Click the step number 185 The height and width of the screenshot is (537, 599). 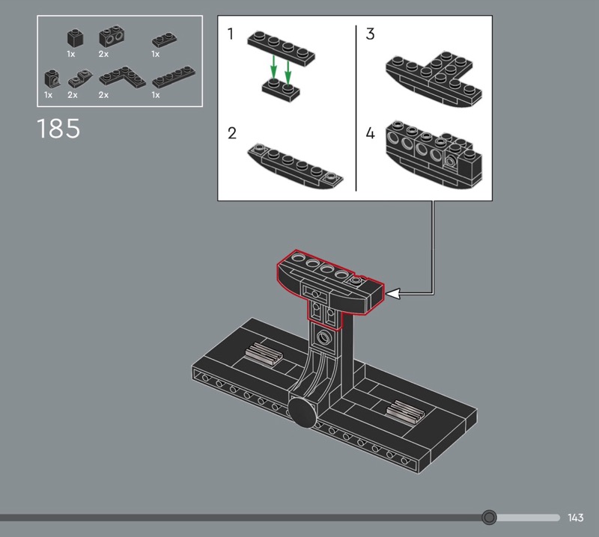(x=58, y=128)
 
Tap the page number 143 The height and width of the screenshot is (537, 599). (x=575, y=518)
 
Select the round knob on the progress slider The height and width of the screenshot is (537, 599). (x=489, y=518)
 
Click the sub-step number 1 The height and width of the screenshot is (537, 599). (x=230, y=34)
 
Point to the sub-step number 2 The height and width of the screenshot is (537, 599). (x=232, y=133)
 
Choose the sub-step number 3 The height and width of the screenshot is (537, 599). (x=370, y=34)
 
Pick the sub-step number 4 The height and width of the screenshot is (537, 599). (x=370, y=133)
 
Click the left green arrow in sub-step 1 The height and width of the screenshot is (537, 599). (x=273, y=68)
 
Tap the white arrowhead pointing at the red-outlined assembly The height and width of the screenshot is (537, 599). (x=394, y=293)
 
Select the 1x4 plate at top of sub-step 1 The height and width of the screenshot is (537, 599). (x=282, y=49)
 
